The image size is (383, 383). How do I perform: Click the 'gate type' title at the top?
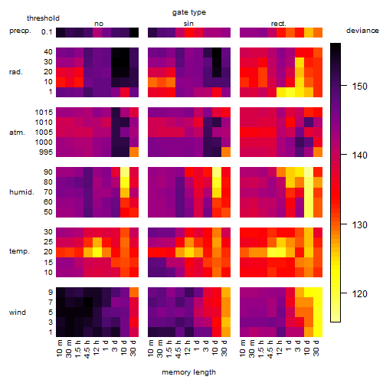click(x=189, y=12)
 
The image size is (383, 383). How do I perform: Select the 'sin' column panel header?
click(x=188, y=24)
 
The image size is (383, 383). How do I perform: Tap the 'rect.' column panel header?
click(x=279, y=24)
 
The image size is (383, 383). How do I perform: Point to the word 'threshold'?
click(x=43, y=18)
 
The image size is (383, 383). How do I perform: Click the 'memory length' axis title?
click(x=188, y=372)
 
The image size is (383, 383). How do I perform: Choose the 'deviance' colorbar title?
click(x=362, y=31)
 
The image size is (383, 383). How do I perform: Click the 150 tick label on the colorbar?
click(x=359, y=87)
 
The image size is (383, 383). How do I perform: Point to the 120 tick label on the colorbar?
click(x=359, y=293)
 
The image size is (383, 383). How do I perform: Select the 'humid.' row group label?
click(x=21, y=192)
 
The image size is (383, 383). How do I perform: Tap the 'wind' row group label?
click(x=18, y=313)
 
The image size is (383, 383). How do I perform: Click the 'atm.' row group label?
click(x=17, y=133)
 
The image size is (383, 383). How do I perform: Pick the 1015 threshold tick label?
click(x=44, y=113)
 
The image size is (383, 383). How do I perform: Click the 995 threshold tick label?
click(x=46, y=152)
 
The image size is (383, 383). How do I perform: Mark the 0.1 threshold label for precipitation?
click(x=47, y=32)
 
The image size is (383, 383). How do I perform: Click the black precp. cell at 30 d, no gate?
click(x=134, y=32)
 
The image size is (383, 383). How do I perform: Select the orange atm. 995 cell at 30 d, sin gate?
click(x=226, y=152)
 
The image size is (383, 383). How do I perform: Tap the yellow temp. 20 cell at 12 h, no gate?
click(x=97, y=252)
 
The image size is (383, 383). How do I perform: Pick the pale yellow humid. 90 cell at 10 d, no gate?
click(x=125, y=172)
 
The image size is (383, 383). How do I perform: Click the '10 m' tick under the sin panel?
click(x=151, y=349)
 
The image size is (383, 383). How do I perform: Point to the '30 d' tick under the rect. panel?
click(x=316, y=349)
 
